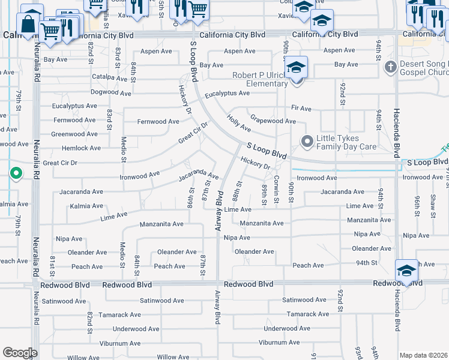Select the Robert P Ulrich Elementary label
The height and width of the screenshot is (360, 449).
tap(258, 79)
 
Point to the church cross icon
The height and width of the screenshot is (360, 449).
tap(390, 67)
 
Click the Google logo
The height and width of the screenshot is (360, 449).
tap(20, 353)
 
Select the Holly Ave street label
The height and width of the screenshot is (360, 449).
tap(239, 124)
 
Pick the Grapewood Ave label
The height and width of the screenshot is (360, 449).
tap(273, 121)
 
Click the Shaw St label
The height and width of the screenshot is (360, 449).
tap(433, 205)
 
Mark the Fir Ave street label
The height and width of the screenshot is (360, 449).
tap(301, 109)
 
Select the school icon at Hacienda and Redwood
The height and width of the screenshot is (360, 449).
tap(406, 271)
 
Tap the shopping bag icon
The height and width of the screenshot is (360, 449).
tap(28, 24)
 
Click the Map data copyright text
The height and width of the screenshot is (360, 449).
tap(423, 355)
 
